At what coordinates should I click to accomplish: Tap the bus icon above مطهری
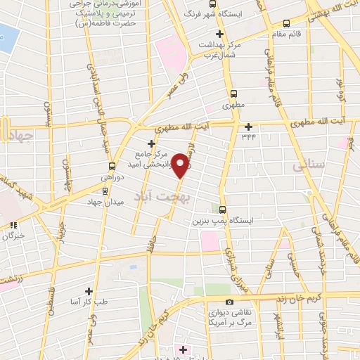(233, 93)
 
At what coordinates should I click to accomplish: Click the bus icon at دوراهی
(112, 167)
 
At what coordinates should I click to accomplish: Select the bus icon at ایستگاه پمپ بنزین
(223, 209)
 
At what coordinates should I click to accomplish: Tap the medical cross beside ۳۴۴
(248, 127)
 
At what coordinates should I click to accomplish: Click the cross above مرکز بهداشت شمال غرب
(219, 34)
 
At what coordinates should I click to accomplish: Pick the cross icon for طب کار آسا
(89, 290)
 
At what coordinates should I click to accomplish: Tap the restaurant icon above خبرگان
(13, 224)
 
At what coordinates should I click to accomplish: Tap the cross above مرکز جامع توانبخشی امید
(151, 143)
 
